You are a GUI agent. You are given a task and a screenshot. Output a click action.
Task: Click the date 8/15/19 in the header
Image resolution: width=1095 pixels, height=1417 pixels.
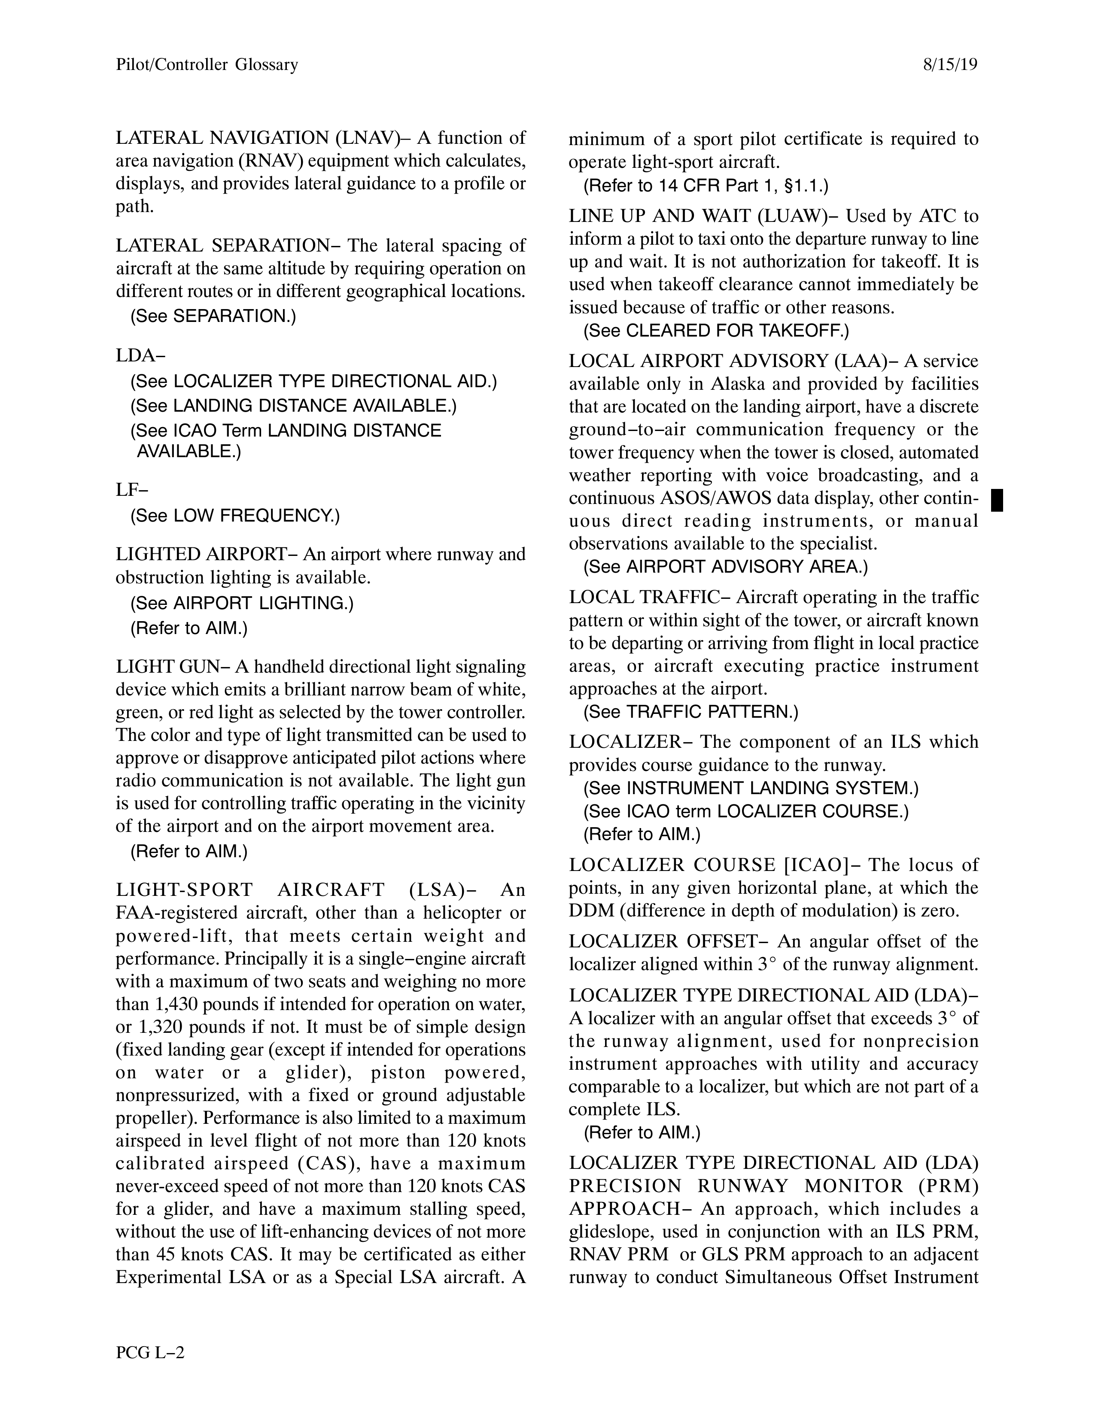coord(949,65)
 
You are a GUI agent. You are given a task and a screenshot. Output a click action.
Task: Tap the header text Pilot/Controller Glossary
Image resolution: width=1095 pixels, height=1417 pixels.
coord(207,65)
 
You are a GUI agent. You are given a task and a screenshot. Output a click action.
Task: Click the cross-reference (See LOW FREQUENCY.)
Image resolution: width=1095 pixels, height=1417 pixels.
coord(235,516)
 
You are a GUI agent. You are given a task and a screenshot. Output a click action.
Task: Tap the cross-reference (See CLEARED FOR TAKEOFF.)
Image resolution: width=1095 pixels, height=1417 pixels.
coord(716,331)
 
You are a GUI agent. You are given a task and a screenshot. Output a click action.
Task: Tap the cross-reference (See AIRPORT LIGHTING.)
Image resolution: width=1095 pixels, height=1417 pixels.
coord(242,604)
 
